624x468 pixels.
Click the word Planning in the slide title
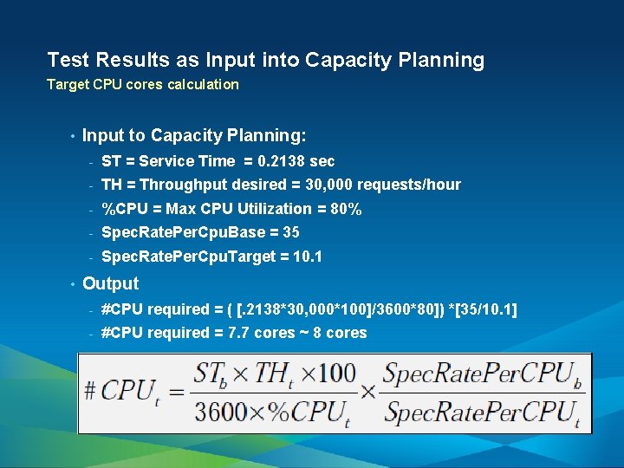click(443, 61)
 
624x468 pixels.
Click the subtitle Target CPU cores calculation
click(142, 85)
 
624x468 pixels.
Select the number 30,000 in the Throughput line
click(328, 185)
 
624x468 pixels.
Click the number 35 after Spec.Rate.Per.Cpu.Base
click(291, 232)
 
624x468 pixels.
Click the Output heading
click(110, 283)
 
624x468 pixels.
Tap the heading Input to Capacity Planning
click(194, 135)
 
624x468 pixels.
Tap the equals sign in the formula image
click(175, 392)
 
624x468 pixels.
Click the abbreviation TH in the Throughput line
click(112, 185)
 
